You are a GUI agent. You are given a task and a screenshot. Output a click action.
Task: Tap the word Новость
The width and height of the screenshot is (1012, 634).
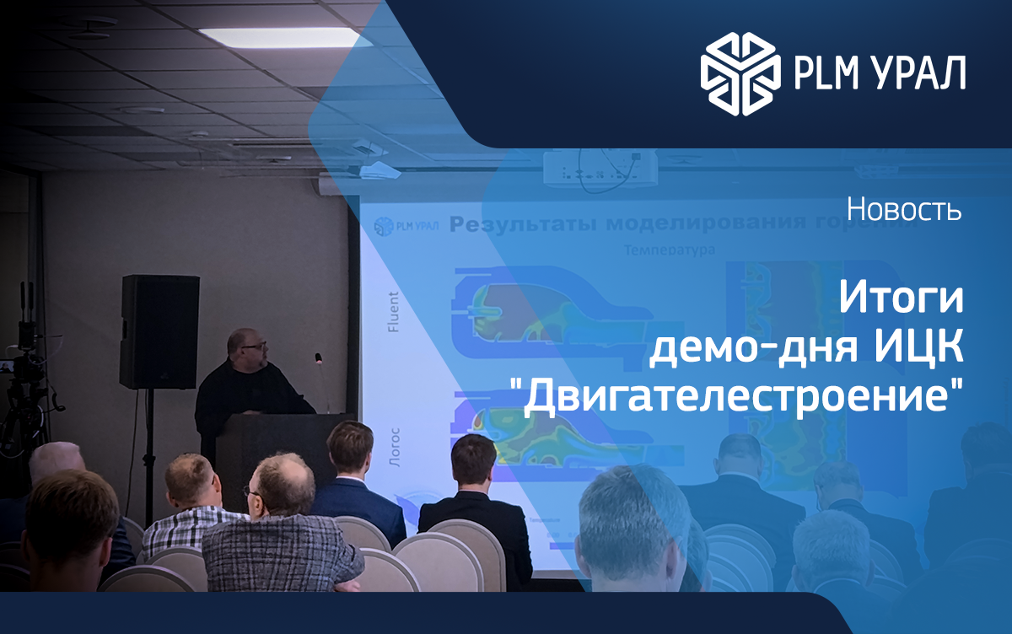904,209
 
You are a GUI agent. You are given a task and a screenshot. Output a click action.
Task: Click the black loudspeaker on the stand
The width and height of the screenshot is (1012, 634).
159,331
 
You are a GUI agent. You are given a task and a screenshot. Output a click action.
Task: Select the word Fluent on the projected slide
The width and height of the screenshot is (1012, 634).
393,313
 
